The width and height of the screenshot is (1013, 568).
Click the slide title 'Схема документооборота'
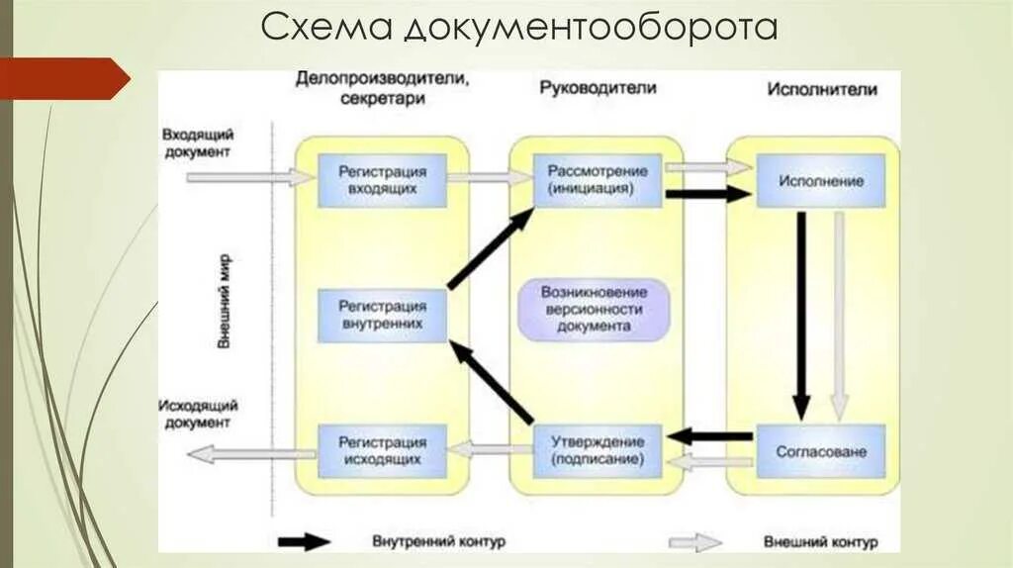(x=519, y=29)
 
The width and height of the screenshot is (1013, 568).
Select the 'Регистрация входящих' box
(x=382, y=178)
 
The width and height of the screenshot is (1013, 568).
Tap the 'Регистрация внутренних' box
(x=382, y=314)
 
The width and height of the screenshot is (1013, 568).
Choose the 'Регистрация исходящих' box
(x=382, y=450)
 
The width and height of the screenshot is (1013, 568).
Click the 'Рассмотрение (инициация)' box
(x=598, y=178)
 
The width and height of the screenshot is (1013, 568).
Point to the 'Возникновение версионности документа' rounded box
(x=594, y=309)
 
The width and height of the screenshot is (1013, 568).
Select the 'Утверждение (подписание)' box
(x=598, y=450)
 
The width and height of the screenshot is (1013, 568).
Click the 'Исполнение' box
(x=820, y=181)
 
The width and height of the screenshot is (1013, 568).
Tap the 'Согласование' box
(x=820, y=451)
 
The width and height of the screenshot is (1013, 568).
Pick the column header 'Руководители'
(x=598, y=88)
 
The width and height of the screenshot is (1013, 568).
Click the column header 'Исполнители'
(x=821, y=89)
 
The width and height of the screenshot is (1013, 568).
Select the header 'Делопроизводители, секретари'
(x=381, y=88)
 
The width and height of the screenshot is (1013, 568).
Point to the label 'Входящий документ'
(x=196, y=143)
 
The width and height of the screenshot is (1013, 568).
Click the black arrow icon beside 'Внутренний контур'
(x=304, y=541)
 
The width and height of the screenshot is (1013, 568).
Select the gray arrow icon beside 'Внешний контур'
(x=695, y=541)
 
